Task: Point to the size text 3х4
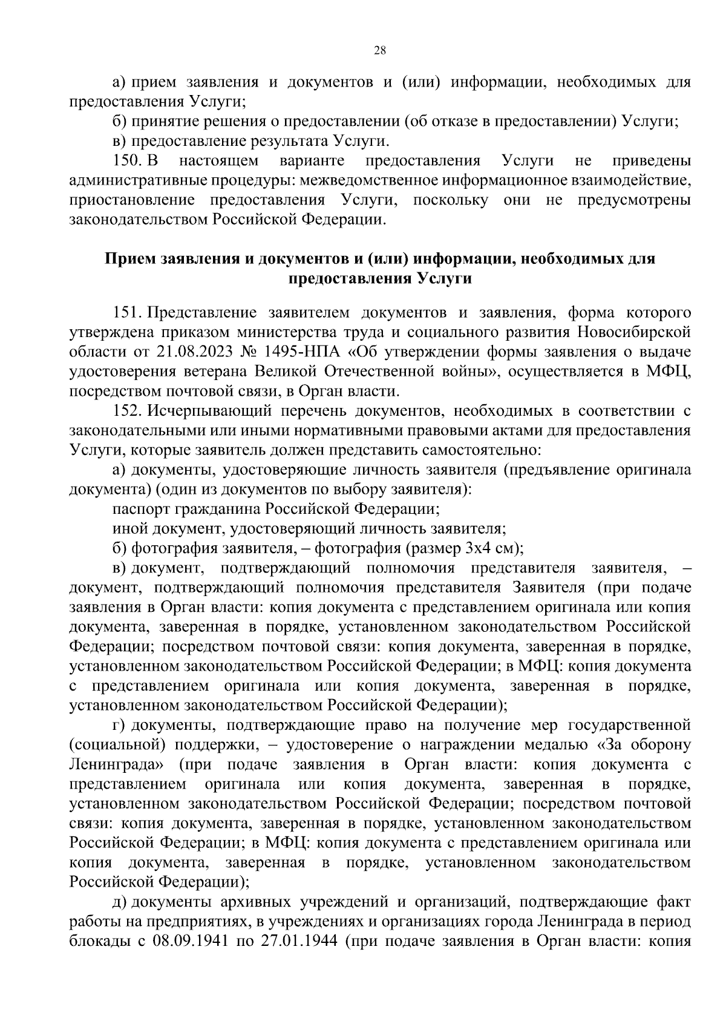pos(476,548)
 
